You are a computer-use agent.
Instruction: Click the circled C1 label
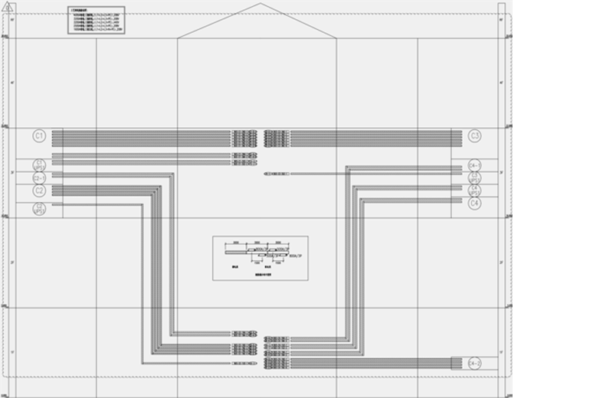coord(39,136)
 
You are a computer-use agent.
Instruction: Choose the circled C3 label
coord(474,136)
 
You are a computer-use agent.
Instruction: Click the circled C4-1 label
coord(474,165)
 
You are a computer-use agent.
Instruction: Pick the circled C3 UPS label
coord(474,178)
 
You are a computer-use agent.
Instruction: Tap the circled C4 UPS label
coord(474,190)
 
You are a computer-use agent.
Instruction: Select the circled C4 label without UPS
coord(474,204)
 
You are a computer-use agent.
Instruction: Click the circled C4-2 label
coord(474,363)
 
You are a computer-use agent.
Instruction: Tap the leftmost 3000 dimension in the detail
coord(235,241)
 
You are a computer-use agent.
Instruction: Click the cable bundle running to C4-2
coord(368,363)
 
